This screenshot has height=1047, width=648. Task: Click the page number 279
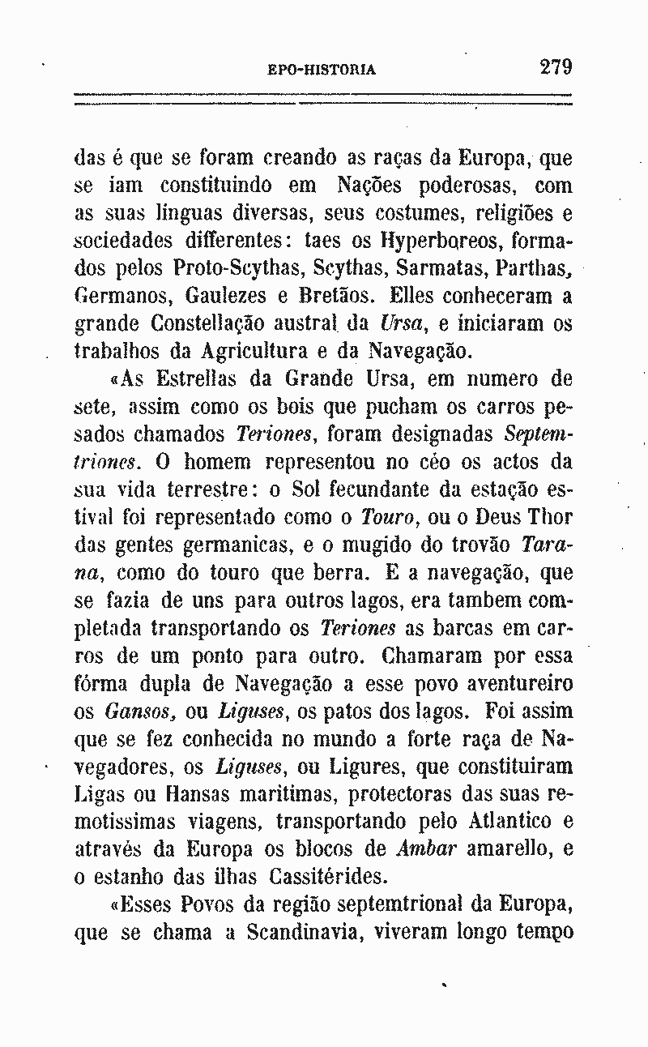click(x=556, y=66)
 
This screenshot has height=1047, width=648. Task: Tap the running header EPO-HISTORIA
click(x=322, y=70)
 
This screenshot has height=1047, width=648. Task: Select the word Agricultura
click(x=245, y=351)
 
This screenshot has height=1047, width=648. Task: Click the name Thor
click(x=552, y=517)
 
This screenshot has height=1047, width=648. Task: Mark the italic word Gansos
click(x=133, y=712)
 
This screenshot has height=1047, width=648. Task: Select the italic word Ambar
click(x=428, y=849)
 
